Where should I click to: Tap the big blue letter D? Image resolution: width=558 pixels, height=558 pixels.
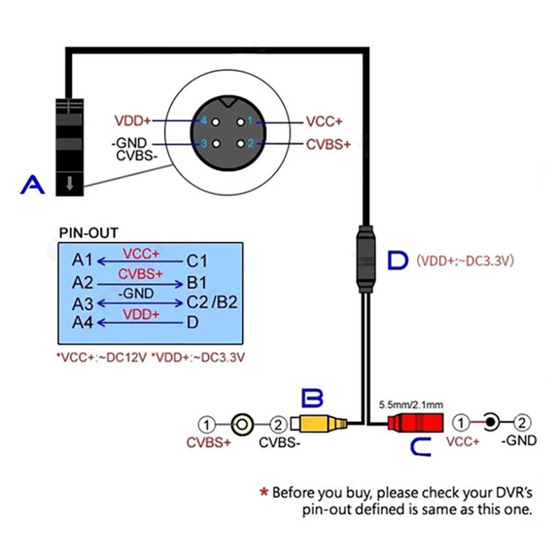click(x=398, y=260)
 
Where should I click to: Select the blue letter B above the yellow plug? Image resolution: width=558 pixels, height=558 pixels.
click(x=312, y=399)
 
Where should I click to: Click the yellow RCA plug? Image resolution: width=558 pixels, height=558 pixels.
click(x=318, y=423)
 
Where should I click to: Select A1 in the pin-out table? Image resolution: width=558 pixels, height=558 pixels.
click(x=82, y=261)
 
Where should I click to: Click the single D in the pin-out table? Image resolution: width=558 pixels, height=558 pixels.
click(x=193, y=322)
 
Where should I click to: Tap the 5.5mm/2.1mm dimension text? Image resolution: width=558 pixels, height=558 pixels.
click(x=410, y=405)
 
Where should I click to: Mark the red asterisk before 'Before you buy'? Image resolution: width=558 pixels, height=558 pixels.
click(x=264, y=492)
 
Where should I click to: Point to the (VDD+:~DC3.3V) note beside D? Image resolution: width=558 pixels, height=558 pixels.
click(x=465, y=261)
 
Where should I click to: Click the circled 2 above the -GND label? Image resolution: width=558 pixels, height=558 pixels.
click(x=523, y=422)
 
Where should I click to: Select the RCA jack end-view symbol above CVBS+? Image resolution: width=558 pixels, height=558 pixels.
click(x=242, y=423)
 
